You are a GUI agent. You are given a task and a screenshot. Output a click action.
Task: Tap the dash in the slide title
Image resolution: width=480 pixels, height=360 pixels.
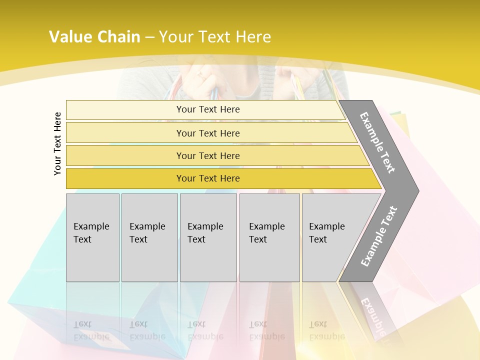pos(149,37)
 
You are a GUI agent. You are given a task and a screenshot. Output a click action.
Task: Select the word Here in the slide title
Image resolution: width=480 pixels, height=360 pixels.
pos(253,37)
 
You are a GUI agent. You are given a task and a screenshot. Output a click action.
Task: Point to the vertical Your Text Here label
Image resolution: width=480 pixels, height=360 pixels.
pos(57,143)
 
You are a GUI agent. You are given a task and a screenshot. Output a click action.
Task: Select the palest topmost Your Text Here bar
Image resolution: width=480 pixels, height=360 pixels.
pos(207,109)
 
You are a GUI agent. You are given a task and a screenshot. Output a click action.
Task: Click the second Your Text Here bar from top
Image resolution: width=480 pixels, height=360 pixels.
pos(207,133)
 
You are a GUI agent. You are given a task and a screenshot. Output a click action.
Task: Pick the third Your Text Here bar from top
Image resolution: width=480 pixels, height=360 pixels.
pos(207,155)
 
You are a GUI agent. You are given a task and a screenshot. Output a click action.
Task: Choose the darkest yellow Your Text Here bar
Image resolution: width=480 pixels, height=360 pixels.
pos(207,178)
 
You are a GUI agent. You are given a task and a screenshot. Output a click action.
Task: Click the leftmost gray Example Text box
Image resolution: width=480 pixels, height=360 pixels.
pos(92,237)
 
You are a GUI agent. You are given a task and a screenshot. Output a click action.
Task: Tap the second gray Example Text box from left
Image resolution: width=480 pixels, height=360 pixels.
pos(149,237)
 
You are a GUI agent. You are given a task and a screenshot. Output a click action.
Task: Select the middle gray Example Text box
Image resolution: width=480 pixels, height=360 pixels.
pos(208,237)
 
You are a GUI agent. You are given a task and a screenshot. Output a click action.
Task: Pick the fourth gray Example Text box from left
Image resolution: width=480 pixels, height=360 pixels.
pos(269,237)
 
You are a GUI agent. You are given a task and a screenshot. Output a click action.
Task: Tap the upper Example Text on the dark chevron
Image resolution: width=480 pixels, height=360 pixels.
pos(377,142)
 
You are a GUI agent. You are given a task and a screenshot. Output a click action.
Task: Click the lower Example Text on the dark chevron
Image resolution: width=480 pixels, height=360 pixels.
pos(378,236)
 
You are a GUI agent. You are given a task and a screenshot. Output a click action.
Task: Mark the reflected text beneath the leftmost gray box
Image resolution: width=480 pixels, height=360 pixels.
pos(91,330)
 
